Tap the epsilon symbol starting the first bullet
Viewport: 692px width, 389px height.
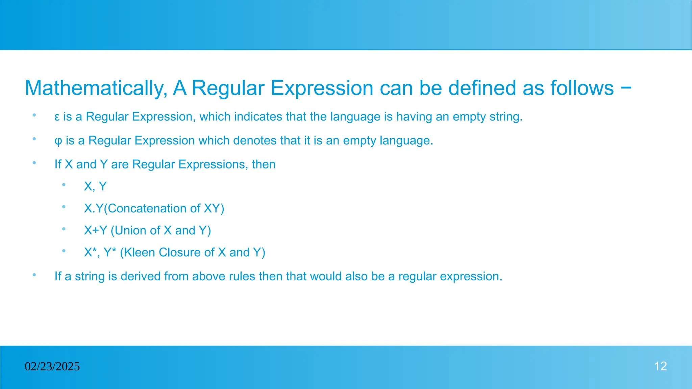(x=57, y=117)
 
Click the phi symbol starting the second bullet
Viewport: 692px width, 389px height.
(x=58, y=141)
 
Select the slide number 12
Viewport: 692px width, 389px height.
(x=660, y=366)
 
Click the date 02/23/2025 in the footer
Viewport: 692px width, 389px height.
(x=52, y=366)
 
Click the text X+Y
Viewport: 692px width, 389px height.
(x=96, y=230)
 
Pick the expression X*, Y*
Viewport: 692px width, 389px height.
(x=100, y=252)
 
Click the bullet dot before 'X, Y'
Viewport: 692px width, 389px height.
(x=64, y=185)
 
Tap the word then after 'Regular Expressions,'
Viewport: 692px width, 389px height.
(x=264, y=164)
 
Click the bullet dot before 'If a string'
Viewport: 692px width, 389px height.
(x=34, y=275)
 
